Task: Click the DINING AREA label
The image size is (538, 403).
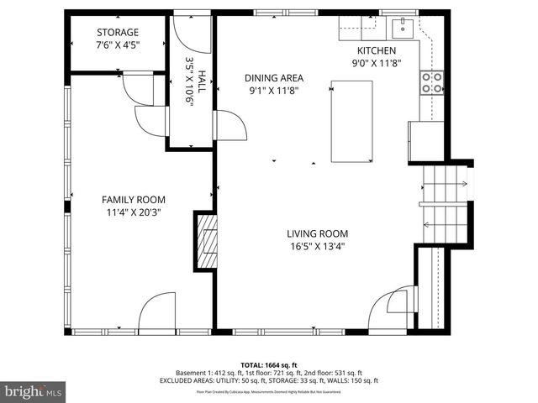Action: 273,77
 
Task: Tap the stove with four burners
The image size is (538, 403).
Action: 432,82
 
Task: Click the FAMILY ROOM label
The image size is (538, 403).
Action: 134,199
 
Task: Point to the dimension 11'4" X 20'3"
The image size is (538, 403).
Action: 134,212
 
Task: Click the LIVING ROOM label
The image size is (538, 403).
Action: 317,233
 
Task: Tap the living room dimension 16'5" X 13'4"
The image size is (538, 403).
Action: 317,247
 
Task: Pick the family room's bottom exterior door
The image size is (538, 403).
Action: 157,312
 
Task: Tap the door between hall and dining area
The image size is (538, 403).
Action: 229,126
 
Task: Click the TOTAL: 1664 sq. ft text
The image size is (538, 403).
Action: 268,364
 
